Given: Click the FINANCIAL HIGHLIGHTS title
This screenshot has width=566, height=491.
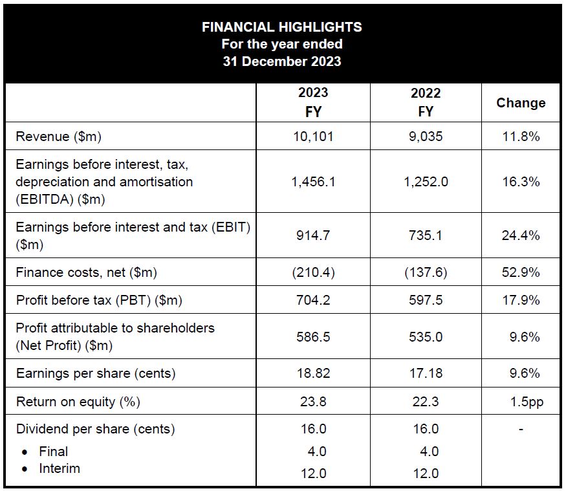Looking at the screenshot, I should [282, 27].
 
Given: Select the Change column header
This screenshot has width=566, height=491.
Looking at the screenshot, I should [521, 103].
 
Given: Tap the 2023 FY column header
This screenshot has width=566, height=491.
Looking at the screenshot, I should [313, 102].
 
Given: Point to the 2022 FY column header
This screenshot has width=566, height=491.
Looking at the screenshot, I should [426, 102].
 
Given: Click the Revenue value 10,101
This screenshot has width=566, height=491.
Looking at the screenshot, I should [313, 136].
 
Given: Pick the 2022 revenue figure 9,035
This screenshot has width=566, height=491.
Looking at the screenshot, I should [426, 136].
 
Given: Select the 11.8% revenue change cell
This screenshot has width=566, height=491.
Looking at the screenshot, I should [521, 136].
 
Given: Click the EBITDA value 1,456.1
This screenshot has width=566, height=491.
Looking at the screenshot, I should [313, 182].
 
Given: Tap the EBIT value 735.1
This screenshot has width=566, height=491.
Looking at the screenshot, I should [426, 235].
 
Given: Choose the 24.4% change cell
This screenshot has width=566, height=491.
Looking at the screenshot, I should [521, 235].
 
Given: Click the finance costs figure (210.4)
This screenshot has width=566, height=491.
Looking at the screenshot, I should [313, 272].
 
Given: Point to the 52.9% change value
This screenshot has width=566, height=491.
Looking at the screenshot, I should [521, 272].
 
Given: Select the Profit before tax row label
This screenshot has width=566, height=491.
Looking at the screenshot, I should [99, 300].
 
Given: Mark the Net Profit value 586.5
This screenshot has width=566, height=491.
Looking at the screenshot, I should [313, 336].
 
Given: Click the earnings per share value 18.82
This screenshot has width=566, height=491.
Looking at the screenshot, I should [313, 373].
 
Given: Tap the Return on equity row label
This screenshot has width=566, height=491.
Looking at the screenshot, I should [78, 402].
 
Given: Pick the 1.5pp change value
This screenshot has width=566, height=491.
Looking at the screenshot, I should [527, 402].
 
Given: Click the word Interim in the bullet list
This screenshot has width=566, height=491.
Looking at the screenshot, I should [60, 468].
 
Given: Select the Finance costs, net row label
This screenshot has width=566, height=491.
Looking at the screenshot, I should [86, 272].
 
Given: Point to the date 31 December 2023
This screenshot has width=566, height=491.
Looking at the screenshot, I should [282, 62].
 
